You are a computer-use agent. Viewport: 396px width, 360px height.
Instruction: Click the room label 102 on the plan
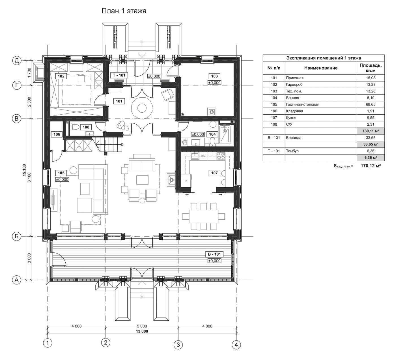61,76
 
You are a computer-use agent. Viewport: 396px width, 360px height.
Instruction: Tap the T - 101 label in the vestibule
119,75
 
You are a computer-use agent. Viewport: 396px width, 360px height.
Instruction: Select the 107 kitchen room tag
214,173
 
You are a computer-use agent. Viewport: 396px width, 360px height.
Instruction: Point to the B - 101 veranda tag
214,254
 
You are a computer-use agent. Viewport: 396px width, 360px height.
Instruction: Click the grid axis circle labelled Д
17,61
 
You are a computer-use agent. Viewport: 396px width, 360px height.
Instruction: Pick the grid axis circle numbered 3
178,345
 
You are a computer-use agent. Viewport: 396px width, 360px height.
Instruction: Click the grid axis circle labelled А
17,280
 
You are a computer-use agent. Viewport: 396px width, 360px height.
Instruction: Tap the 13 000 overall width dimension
142,331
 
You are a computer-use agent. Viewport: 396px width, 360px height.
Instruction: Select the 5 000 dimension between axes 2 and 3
142,326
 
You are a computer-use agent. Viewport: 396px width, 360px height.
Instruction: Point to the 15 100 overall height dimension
24,170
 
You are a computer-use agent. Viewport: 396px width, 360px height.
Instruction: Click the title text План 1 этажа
124,11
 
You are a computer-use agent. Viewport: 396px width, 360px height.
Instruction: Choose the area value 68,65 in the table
371,104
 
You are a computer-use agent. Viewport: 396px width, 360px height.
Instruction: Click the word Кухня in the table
291,117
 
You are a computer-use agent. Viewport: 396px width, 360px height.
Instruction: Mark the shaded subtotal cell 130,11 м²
371,131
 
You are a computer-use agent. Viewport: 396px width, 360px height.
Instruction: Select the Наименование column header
321,68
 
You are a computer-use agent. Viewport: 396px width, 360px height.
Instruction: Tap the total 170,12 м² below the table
371,166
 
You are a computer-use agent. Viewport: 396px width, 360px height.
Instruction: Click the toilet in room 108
74,127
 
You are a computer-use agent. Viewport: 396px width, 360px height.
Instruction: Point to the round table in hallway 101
142,108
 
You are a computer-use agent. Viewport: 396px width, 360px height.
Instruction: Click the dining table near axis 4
204,216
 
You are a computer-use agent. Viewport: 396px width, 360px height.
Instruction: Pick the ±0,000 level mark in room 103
214,83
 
